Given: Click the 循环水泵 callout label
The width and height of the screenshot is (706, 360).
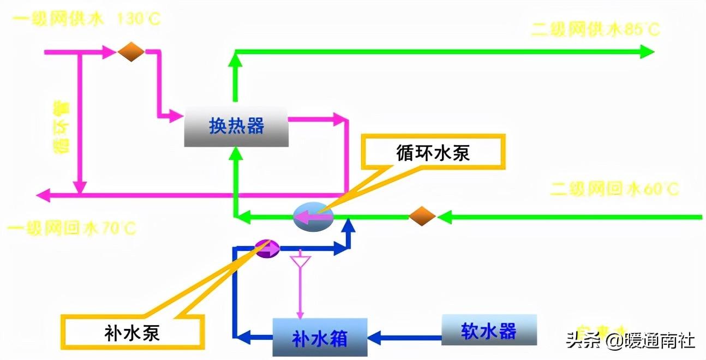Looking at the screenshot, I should point(433,152).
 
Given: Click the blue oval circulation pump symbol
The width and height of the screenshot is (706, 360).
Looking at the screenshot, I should point(313,217).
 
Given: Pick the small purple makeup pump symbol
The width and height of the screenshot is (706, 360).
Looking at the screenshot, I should point(268,248).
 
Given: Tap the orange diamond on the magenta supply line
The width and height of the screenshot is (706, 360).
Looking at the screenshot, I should point(131,52).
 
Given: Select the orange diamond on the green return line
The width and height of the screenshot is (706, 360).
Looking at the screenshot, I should point(422,217).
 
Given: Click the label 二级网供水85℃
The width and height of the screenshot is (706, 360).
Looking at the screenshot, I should point(595,29).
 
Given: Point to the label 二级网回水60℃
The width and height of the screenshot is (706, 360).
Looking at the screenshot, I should point(614,189).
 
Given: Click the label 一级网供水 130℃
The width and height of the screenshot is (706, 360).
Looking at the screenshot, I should point(87,19).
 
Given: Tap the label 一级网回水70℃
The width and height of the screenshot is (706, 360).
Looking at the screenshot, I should point(71,227).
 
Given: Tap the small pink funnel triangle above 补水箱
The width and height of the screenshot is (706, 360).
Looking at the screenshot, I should point(300,261).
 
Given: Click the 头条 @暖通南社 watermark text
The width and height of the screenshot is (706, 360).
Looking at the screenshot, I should point(630,341).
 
